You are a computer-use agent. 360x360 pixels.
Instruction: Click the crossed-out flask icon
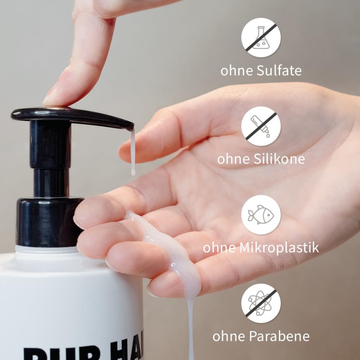pos(261,37)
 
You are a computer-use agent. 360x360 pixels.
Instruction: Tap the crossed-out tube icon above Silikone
pos(261,126)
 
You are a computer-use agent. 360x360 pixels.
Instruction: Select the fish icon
pos(261,215)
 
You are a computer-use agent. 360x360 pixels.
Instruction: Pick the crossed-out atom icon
pos(261,303)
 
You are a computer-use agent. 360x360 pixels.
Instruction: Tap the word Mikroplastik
pos(278,247)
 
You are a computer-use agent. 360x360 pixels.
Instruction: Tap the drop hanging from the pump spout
pos(133,169)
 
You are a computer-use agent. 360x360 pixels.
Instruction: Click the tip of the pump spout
pos(130,126)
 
